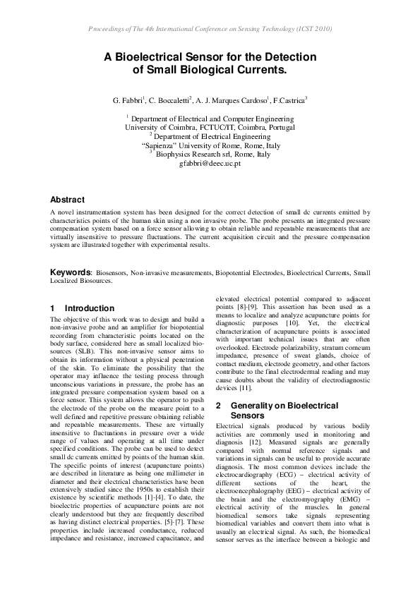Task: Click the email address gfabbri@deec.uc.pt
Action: pyautogui.click(x=210, y=162)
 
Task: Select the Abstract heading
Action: pyautogui.click(x=68, y=200)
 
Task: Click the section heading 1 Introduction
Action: pyautogui.click(x=82, y=308)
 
